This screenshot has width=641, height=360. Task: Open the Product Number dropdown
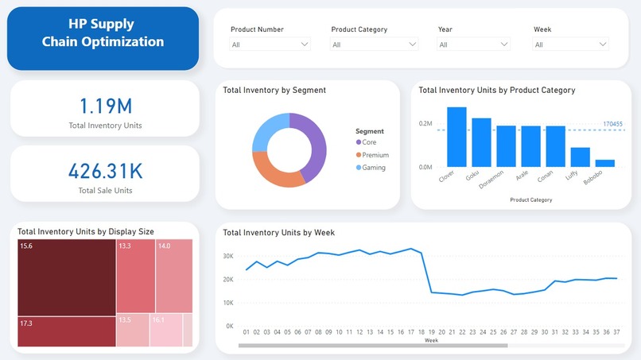(x=270, y=45)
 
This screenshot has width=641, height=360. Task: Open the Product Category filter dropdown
(x=374, y=45)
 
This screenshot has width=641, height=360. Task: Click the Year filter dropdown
(x=472, y=45)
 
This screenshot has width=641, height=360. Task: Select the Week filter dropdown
(x=570, y=45)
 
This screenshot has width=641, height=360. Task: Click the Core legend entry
(x=368, y=142)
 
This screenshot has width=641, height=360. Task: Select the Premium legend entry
(x=375, y=155)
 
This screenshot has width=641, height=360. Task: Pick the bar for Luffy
(x=580, y=157)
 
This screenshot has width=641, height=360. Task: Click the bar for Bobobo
(x=604, y=163)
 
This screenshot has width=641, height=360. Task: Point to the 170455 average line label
(x=612, y=124)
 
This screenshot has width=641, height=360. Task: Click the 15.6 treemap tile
(x=66, y=277)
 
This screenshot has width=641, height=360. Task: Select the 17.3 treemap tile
(x=66, y=331)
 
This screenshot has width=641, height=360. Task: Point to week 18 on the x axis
(x=422, y=332)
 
